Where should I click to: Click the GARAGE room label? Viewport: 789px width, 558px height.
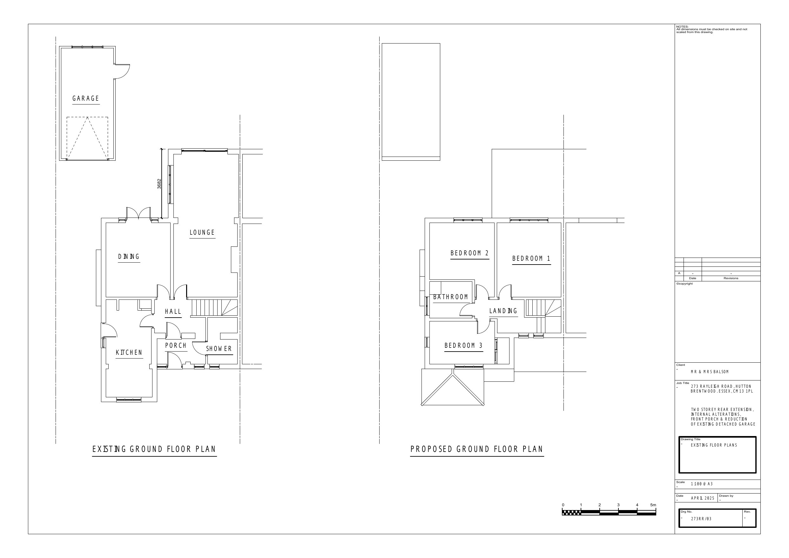[86, 99]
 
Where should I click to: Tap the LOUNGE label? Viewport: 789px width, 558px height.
[202, 232]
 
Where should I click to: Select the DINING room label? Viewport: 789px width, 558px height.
[129, 257]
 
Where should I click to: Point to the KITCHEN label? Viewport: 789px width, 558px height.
[129, 353]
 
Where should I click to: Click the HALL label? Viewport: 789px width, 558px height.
[173, 312]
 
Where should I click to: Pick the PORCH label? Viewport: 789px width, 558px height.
[176, 346]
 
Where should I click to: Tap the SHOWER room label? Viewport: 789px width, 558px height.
[219, 349]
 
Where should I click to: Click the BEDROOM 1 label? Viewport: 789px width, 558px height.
[532, 259]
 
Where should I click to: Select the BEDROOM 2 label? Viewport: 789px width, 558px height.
[470, 253]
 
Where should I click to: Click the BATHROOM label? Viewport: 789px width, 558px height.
[450, 297]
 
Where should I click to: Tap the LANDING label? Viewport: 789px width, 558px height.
[503, 311]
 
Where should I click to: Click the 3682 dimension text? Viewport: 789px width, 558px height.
[159, 184]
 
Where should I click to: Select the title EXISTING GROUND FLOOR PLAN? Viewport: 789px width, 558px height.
[154, 449]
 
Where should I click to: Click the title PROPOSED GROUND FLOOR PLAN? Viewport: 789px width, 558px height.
[477, 449]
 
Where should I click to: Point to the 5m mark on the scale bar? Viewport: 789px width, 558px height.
[653, 505]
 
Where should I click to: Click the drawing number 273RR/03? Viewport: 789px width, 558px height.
[701, 519]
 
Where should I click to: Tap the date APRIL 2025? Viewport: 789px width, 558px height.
[703, 498]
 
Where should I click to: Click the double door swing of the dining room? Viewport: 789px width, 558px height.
[138, 213]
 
